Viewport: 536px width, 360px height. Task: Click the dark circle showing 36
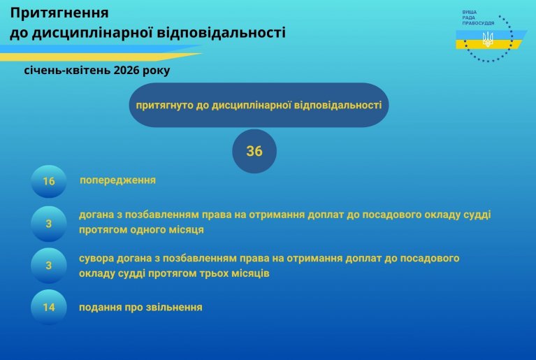pyautogui.click(x=254, y=151)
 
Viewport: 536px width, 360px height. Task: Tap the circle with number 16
pyautogui.click(x=48, y=181)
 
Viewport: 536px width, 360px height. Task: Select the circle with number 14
pyautogui.click(x=48, y=307)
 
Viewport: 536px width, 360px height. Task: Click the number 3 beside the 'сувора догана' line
pyautogui.click(x=48, y=266)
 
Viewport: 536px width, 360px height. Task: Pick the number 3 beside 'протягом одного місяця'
pyautogui.click(x=48, y=224)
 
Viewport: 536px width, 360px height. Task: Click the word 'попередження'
pyautogui.click(x=117, y=180)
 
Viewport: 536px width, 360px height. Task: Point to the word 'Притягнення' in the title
pyautogui.click(x=59, y=13)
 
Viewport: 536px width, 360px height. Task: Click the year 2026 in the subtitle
pyautogui.click(x=126, y=70)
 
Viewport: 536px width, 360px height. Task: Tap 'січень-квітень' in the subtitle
pyautogui.click(x=67, y=70)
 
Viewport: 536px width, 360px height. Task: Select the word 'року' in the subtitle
pyautogui.click(x=157, y=71)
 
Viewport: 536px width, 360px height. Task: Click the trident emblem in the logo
pyautogui.click(x=488, y=39)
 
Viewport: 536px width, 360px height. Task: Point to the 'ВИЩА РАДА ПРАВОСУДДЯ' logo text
pyautogui.click(x=478, y=17)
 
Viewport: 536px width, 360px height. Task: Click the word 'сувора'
pyautogui.click(x=96, y=259)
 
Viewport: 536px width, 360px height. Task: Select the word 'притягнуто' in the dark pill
pyautogui.click(x=165, y=106)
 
